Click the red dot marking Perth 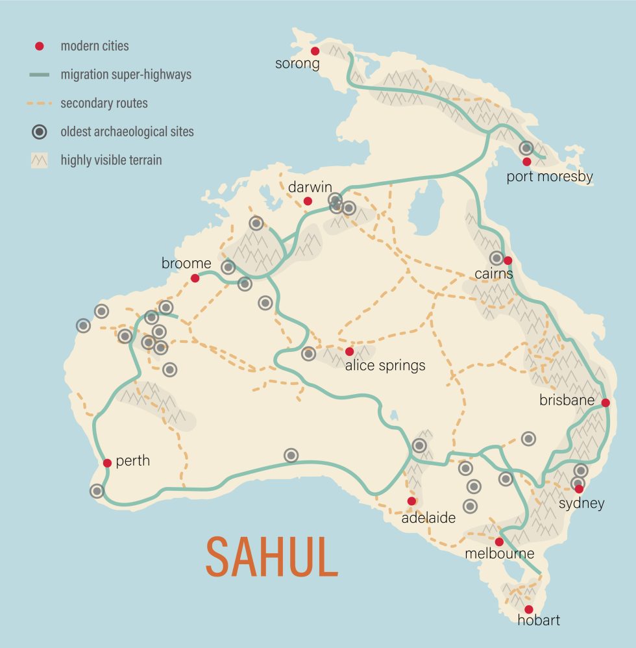[x=107, y=463]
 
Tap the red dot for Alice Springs [x=349, y=351]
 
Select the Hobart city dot [x=528, y=609]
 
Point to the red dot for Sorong [x=315, y=51]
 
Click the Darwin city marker [x=308, y=201]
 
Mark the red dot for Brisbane [x=605, y=403]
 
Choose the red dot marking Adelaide [x=411, y=501]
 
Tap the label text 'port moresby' [x=550, y=177]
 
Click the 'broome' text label [x=186, y=263]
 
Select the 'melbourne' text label [x=499, y=554]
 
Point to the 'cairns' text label [x=493, y=273]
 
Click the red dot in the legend [x=40, y=46]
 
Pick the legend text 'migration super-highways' [x=126, y=75]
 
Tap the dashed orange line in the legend [x=40, y=103]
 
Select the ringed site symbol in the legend [x=40, y=132]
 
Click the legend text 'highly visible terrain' [x=111, y=160]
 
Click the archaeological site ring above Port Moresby [x=526, y=148]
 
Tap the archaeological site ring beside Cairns [x=496, y=258]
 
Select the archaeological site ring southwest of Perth [x=97, y=491]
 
